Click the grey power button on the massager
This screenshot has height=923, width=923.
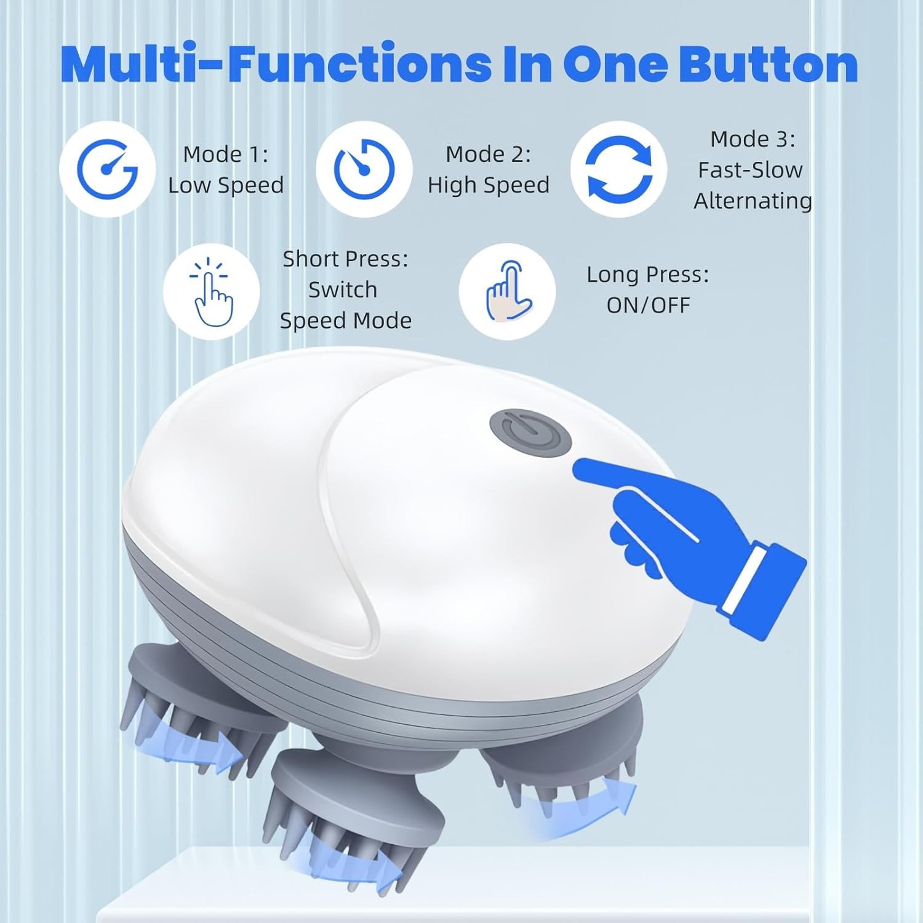pyautogui.click(x=530, y=434)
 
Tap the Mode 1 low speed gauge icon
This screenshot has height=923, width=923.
pyautogui.click(x=107, y=169)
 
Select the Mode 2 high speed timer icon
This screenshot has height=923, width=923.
pyautogui.click(x=364, y=169)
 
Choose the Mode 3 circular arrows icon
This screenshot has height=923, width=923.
pyautogui.click(x=618, y=169)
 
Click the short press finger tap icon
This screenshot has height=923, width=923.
pyautogui.click(x=211, y=291)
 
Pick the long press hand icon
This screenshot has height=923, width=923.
pyautogui.click(x=507, y=291)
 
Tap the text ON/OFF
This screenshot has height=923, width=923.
pyautogui.click(x=648, y=305)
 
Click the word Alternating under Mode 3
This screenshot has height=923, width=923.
pyautogui.click(x=753, y=201)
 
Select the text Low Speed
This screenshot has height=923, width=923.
pyautogui.click(x=226, y=185)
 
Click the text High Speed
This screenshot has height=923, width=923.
pyautogui.click(x=489, y=185)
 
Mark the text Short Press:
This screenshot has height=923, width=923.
pyautogui.click(x=345, y=259)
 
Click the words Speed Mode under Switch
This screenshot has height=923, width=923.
pyautogui.click(x=345, y=321)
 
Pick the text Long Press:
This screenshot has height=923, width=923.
pyautogui.click(x=647, y=274)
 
